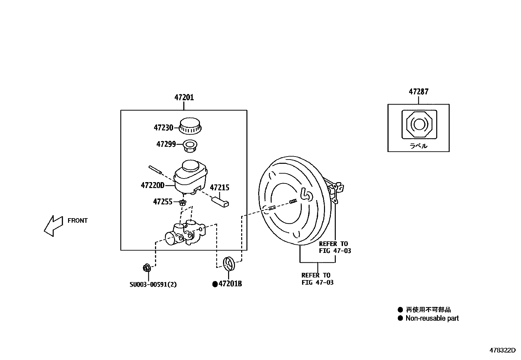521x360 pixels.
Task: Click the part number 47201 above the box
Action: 184,97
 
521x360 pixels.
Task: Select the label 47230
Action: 163,127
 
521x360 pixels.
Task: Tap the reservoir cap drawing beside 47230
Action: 190,126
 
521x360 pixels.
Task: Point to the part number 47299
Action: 166,144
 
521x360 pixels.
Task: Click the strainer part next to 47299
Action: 190,146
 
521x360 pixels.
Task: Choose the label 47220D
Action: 153,185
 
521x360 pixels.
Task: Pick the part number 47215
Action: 219,188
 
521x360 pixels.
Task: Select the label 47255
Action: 163,201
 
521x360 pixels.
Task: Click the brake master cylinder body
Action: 185,233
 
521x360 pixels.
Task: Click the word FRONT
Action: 78,220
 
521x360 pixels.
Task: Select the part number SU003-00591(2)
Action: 153,284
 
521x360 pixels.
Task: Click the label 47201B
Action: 230,284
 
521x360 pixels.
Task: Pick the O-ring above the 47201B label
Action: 229,264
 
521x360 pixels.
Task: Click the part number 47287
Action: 418,92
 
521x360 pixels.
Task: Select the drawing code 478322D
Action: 505,350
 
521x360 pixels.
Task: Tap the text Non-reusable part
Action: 432,318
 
